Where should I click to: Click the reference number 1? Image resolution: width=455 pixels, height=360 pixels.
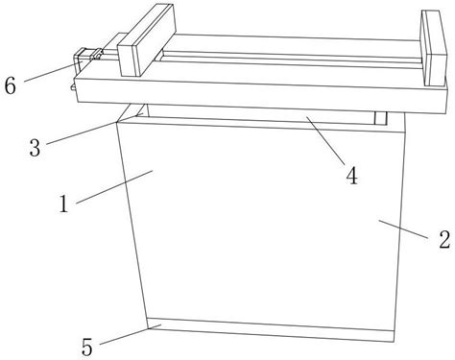[64, 204]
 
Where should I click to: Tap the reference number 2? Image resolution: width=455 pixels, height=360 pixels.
[444, 239]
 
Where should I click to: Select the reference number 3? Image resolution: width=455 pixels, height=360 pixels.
[35, 148]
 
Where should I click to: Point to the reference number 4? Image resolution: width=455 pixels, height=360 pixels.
[352, 176]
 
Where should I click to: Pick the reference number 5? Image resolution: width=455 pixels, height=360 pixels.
[87, 348]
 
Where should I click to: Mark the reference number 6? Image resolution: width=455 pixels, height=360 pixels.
[10, 85]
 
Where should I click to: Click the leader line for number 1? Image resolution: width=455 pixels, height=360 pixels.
[114, 187]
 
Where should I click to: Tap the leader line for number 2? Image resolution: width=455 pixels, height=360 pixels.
[403, 228]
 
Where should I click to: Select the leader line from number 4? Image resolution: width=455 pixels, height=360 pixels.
[325, 141]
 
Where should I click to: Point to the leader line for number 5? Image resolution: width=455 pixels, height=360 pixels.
[131, 334]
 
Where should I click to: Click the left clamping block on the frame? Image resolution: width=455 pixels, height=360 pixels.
[147, 40]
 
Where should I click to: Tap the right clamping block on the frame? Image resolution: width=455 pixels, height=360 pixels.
[434, 48]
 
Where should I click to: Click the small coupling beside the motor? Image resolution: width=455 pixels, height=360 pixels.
[97, 54]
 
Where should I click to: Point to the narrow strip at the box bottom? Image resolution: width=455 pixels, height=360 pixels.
[271, 329]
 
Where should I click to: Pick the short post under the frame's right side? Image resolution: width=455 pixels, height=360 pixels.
[380, 118]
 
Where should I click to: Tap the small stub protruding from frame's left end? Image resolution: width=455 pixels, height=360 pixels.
[73, 87]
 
